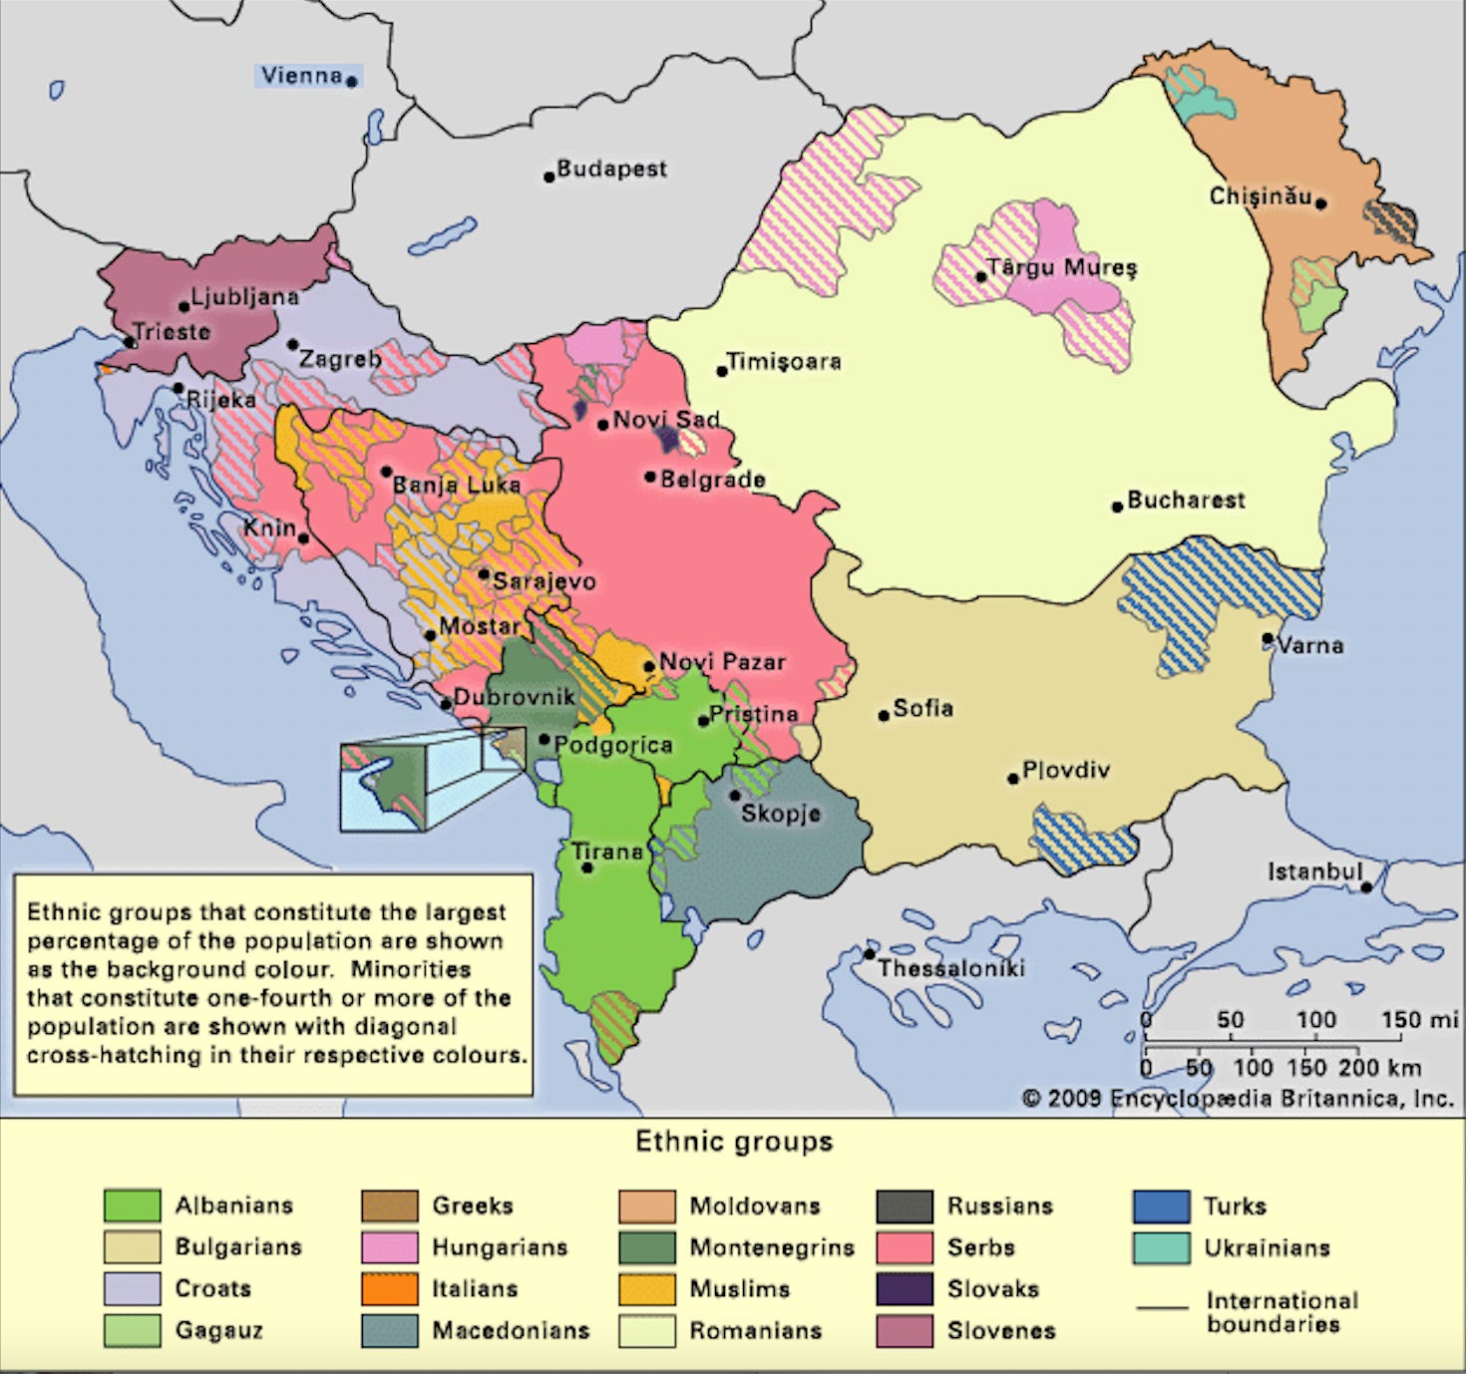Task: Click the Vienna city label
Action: (301, 76)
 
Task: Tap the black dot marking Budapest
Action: (549, 177)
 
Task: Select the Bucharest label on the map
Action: (1186, 500)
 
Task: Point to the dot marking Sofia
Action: (884, 715)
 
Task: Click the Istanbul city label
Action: (1313, 871)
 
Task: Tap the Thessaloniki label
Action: (950, 968)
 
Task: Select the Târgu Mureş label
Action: (1061, 267)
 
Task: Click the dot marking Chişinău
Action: (1320, 204)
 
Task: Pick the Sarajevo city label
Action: (544, 580)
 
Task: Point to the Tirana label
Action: (606, 852)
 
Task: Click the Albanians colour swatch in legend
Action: (132, 1205)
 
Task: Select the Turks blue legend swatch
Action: (1161, 1205)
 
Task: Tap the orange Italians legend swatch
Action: (389, 1288)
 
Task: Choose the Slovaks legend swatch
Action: (905, 1288)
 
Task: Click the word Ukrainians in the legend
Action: (1267, 1247)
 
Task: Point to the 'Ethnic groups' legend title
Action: (734, 1142)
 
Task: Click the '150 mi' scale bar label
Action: (1418, 1020)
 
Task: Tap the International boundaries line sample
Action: (1162, 1307)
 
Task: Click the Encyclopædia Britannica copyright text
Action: (1237, 1098)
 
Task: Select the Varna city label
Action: (1309, 645)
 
